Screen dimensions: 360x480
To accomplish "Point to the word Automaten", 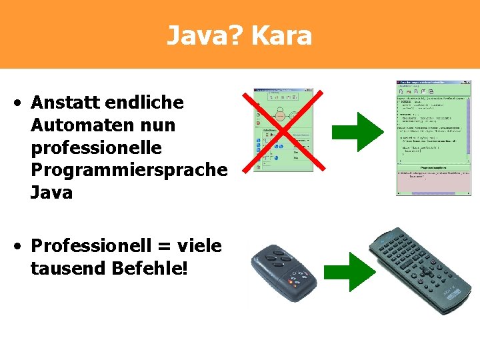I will [x=85, y=125].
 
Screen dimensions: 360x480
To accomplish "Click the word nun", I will [x=158, y=125].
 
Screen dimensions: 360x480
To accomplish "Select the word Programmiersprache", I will [x=129, y=171].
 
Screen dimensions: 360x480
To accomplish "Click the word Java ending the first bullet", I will [x=51, y=193].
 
